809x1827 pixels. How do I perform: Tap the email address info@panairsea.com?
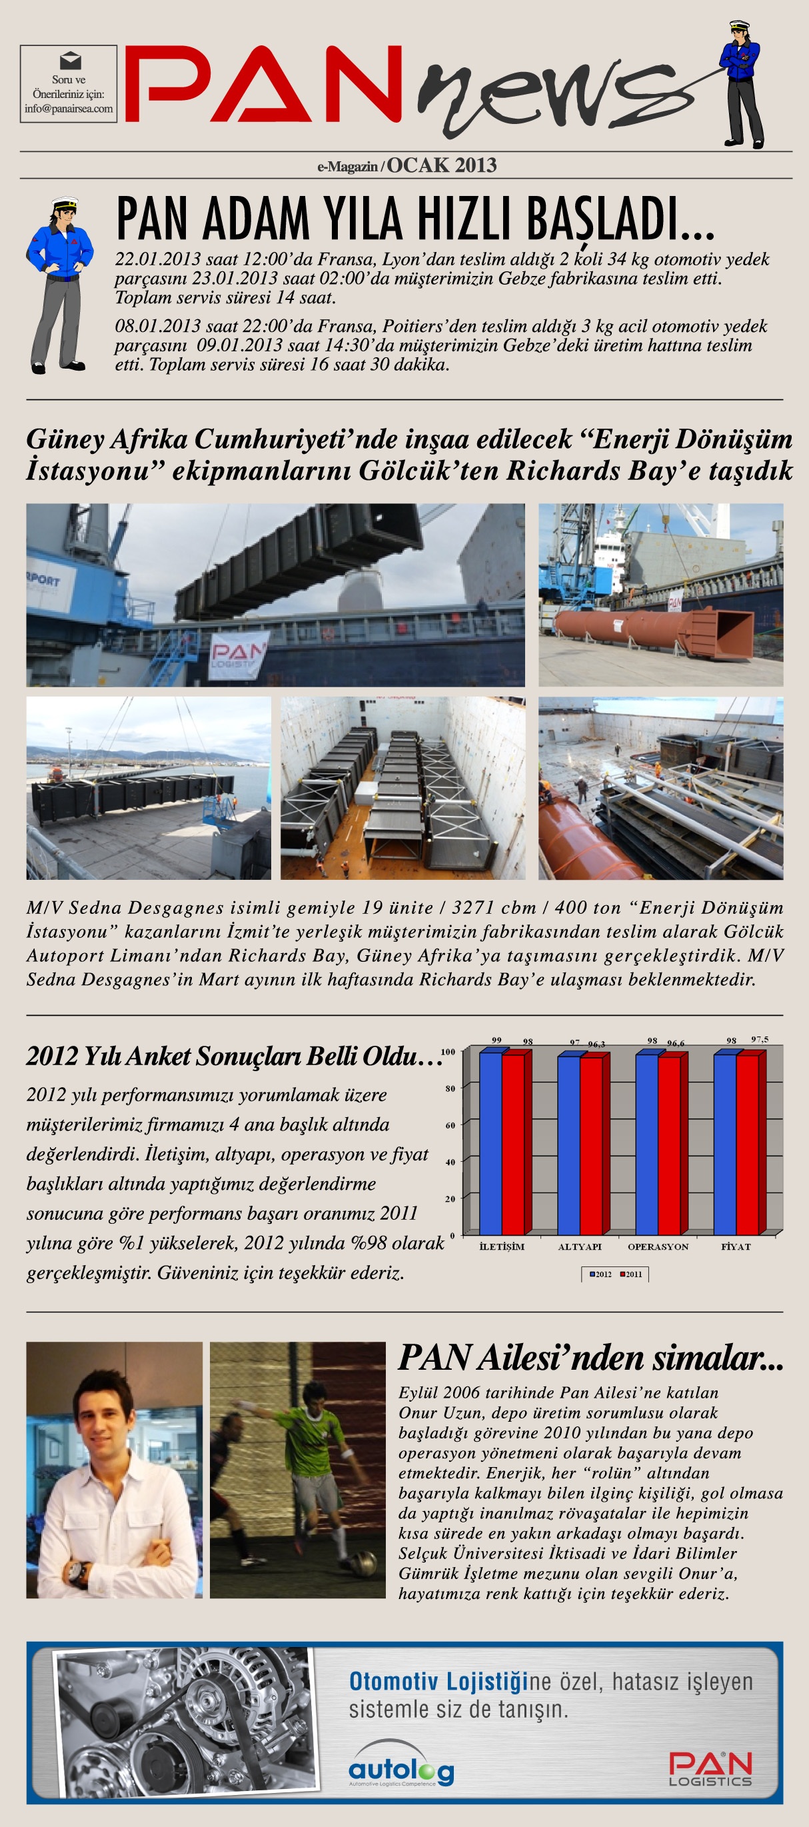point(68,109)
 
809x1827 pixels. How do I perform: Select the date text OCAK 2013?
point(441,165)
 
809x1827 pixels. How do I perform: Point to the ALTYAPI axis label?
point(579,1246)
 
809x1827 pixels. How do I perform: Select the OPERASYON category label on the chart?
point(657,1246)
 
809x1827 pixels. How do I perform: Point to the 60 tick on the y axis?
point(450,1125)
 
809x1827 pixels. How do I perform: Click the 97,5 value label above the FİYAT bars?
point(760,1039)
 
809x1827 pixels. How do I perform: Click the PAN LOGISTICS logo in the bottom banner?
point(710,1768)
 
